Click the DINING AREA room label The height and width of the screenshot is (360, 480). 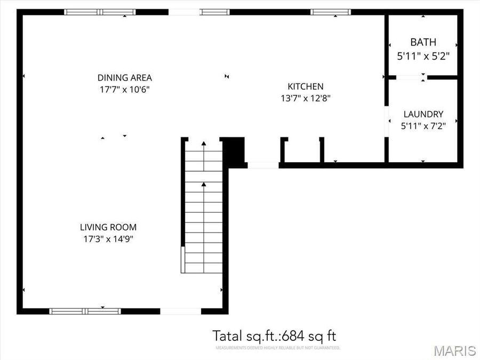click(x=124, y=78)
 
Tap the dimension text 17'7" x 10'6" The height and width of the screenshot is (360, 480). click(x=124, y=90)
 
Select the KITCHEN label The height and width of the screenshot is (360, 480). click(x=306, y=86)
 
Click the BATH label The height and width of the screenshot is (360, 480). click(x=423, y=42)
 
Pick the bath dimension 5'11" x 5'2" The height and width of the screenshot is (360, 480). click(x=423, y=54)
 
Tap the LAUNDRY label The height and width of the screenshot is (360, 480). click(x=423, y=114)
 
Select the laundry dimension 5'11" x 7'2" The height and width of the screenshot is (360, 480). click(x=423, y=126)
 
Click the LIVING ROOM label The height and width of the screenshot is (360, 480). click(x=109, y=227)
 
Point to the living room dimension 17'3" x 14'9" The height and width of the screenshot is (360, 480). click(x=109, y=239)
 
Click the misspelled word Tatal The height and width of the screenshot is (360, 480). click(x=228, y=336)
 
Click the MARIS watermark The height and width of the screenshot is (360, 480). click(x=454, y=350)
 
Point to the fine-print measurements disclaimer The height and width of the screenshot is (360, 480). click(x=277, y=348)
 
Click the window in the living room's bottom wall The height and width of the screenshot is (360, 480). click(x=85, y=311)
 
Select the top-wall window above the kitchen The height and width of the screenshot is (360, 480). click(x=331, y=12)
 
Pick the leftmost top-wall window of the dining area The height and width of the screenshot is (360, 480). click(x=100, y=12)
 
